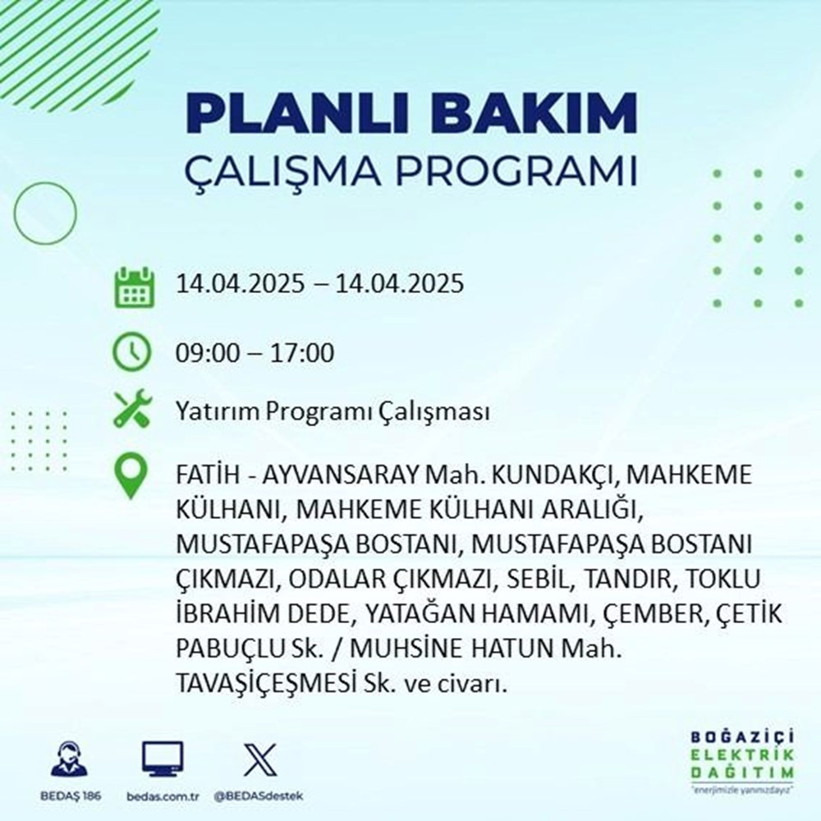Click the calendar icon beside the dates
tap(133, 285)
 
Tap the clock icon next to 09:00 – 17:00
tap(132, 354)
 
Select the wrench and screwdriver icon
tap(132, 410)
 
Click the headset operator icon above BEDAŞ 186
tap(70, 760)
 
